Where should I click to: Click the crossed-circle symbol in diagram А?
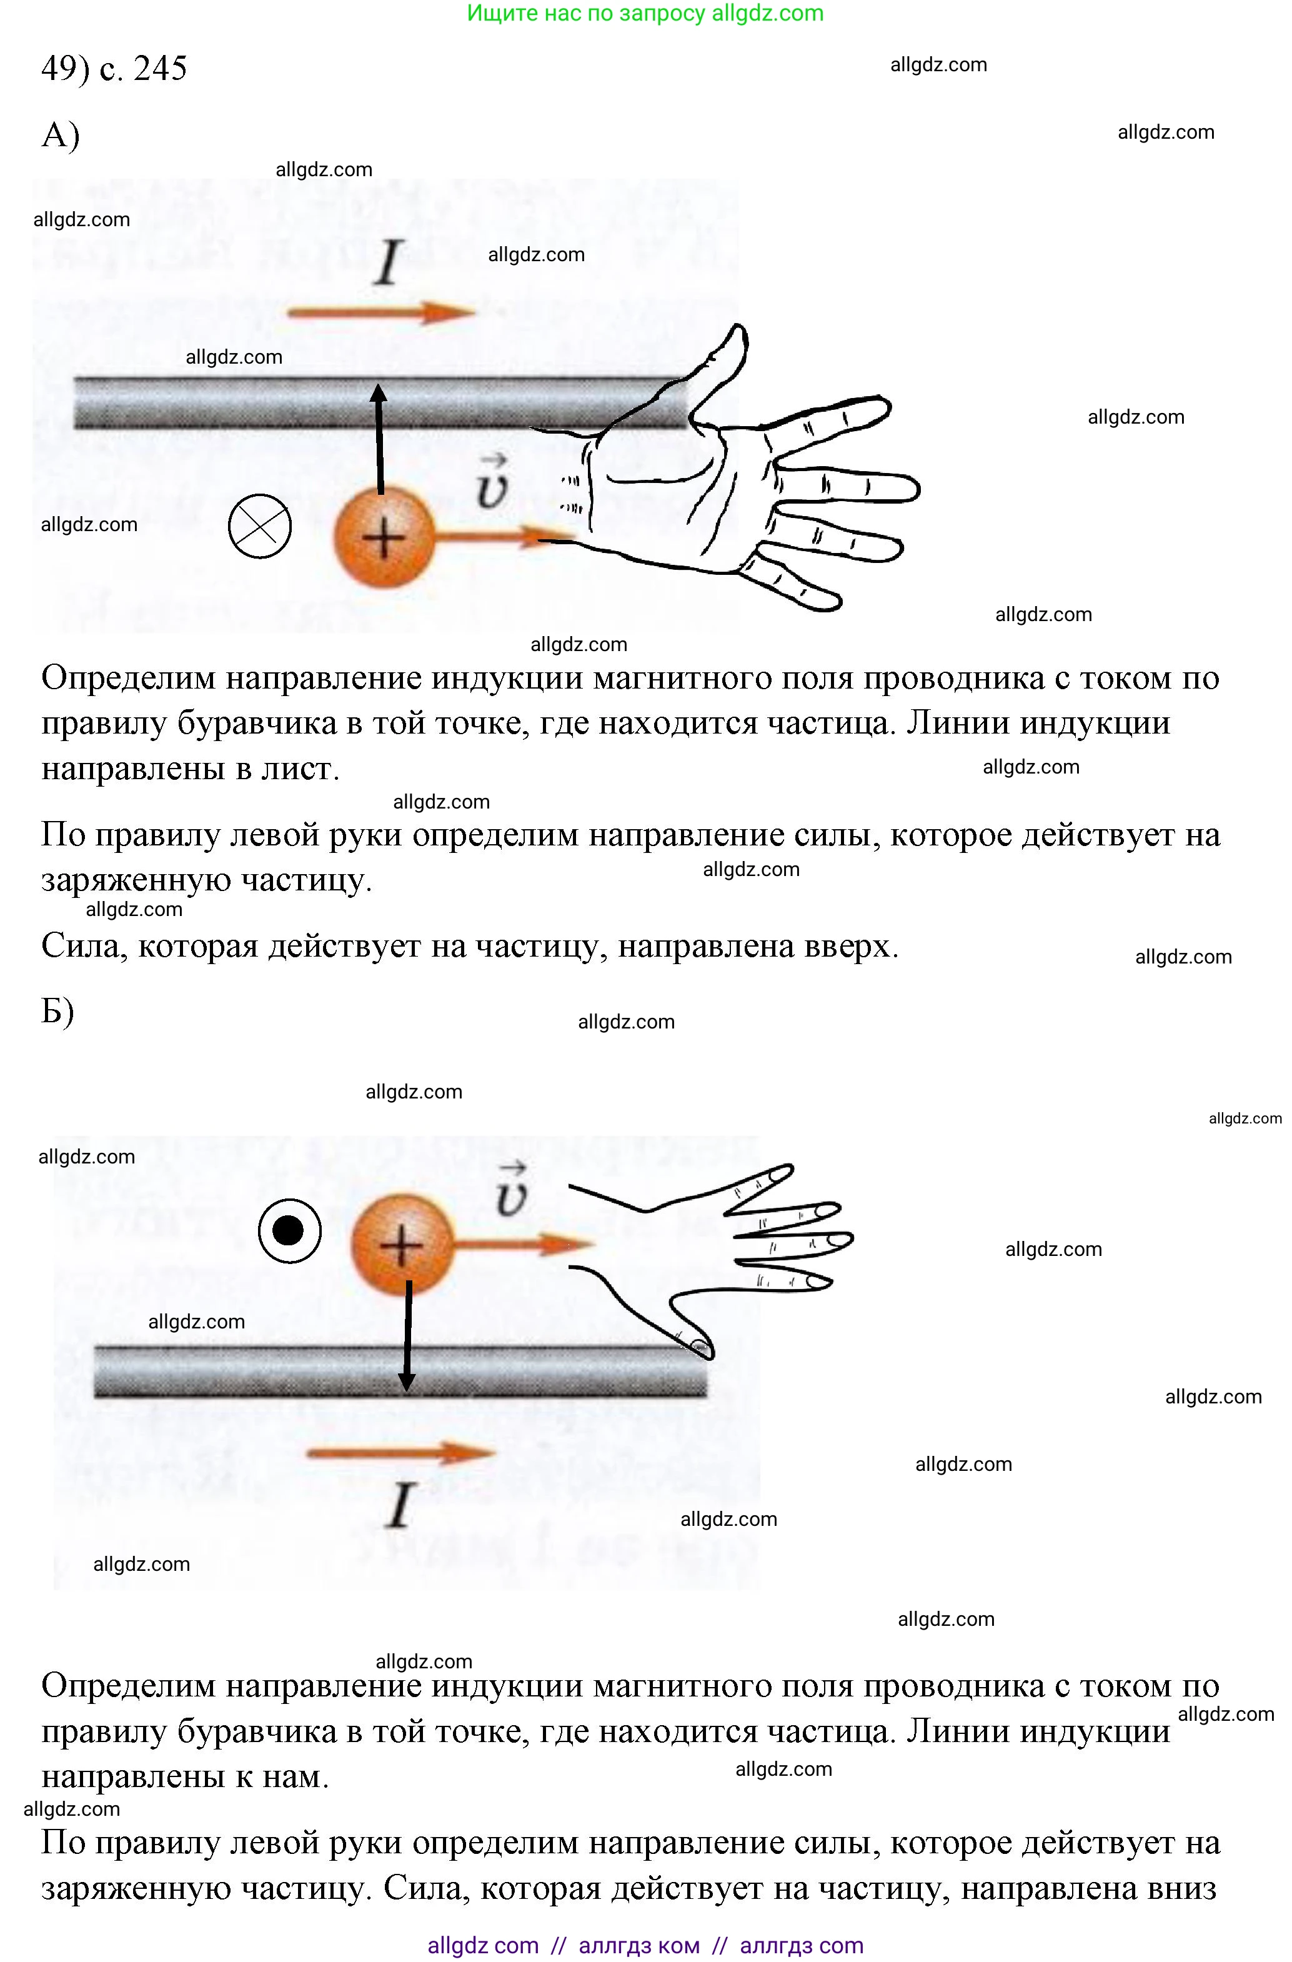[x=260, y=527]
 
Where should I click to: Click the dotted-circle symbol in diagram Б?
[x=289, y=1232]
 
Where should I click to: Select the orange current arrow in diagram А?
[x=381, y=312]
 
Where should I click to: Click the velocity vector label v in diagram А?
[x=492, y=486]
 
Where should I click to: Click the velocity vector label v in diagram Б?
[x=511, y=1193]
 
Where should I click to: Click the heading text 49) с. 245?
[x=114, y=67]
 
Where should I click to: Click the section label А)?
[x=60, y=134]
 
